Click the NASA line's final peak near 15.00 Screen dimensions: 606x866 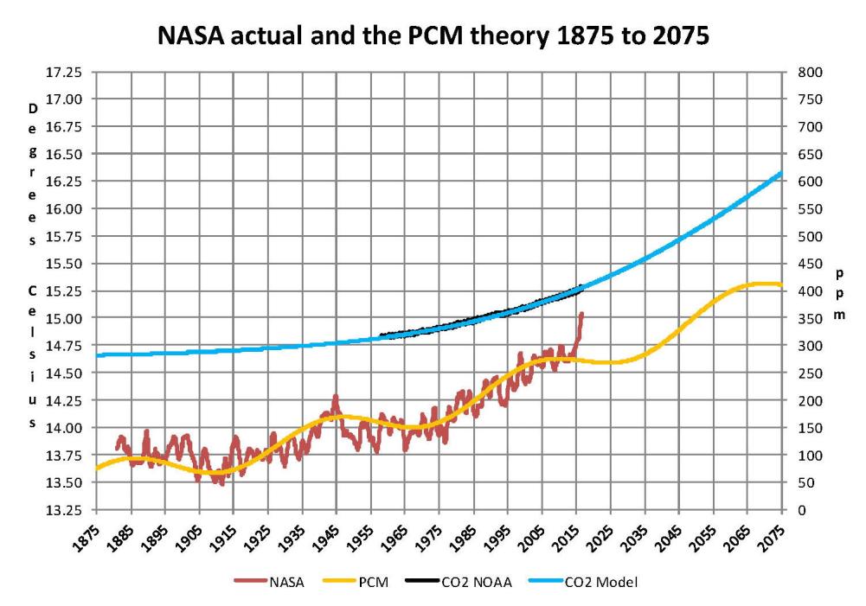click(581, 314)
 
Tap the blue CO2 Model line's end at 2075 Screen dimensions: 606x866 click(781, 173)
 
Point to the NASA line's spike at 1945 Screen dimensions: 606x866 click(335, 397)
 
